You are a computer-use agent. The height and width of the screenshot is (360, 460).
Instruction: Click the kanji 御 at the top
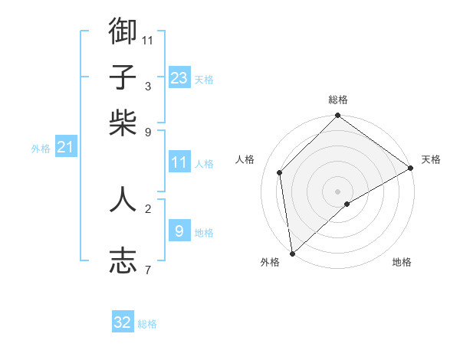pyautogui.click(x=123, y=31)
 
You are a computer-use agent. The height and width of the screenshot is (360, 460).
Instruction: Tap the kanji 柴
pyautogui.click(x=123, y=123)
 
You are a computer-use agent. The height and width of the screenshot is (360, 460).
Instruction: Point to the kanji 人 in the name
pyautogui.click(x=123, y=199)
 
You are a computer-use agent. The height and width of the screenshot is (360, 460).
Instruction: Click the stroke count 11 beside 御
pyautogui.click(x=148, y=39)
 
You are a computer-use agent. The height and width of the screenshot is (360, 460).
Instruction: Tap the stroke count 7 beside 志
pyautogui.click(x=147, y=269)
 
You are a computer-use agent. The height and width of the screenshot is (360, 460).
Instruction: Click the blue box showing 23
pyautogui.click(x=179, y=77)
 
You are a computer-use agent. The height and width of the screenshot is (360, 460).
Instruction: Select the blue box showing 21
pyautogui.click(x=65, y=147)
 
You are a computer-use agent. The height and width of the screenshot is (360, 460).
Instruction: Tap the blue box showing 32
pyautogui.click(x=123, y=322)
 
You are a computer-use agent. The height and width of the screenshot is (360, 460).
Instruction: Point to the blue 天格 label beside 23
pyautogui.click(x=204, y=80)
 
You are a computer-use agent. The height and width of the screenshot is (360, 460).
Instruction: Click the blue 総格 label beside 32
pyautogui.click(x=147, y=325)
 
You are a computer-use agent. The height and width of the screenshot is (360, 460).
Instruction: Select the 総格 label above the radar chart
pyautogui.click(x=338, y=100)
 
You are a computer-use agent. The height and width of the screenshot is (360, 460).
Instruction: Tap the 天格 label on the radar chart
pyautogui.click(x=431, y=159)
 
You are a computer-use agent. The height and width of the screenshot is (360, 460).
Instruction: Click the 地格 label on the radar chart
pyautogui.click(x=402, y=262)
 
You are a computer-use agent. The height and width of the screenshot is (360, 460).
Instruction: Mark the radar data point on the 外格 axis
pyautogui.click(x=292, y=253)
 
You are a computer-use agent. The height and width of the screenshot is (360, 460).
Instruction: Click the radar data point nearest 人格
pyautogui.click(x=280, y=172)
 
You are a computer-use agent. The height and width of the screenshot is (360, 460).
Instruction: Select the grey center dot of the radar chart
pyautogui.click(x=338, y=190)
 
